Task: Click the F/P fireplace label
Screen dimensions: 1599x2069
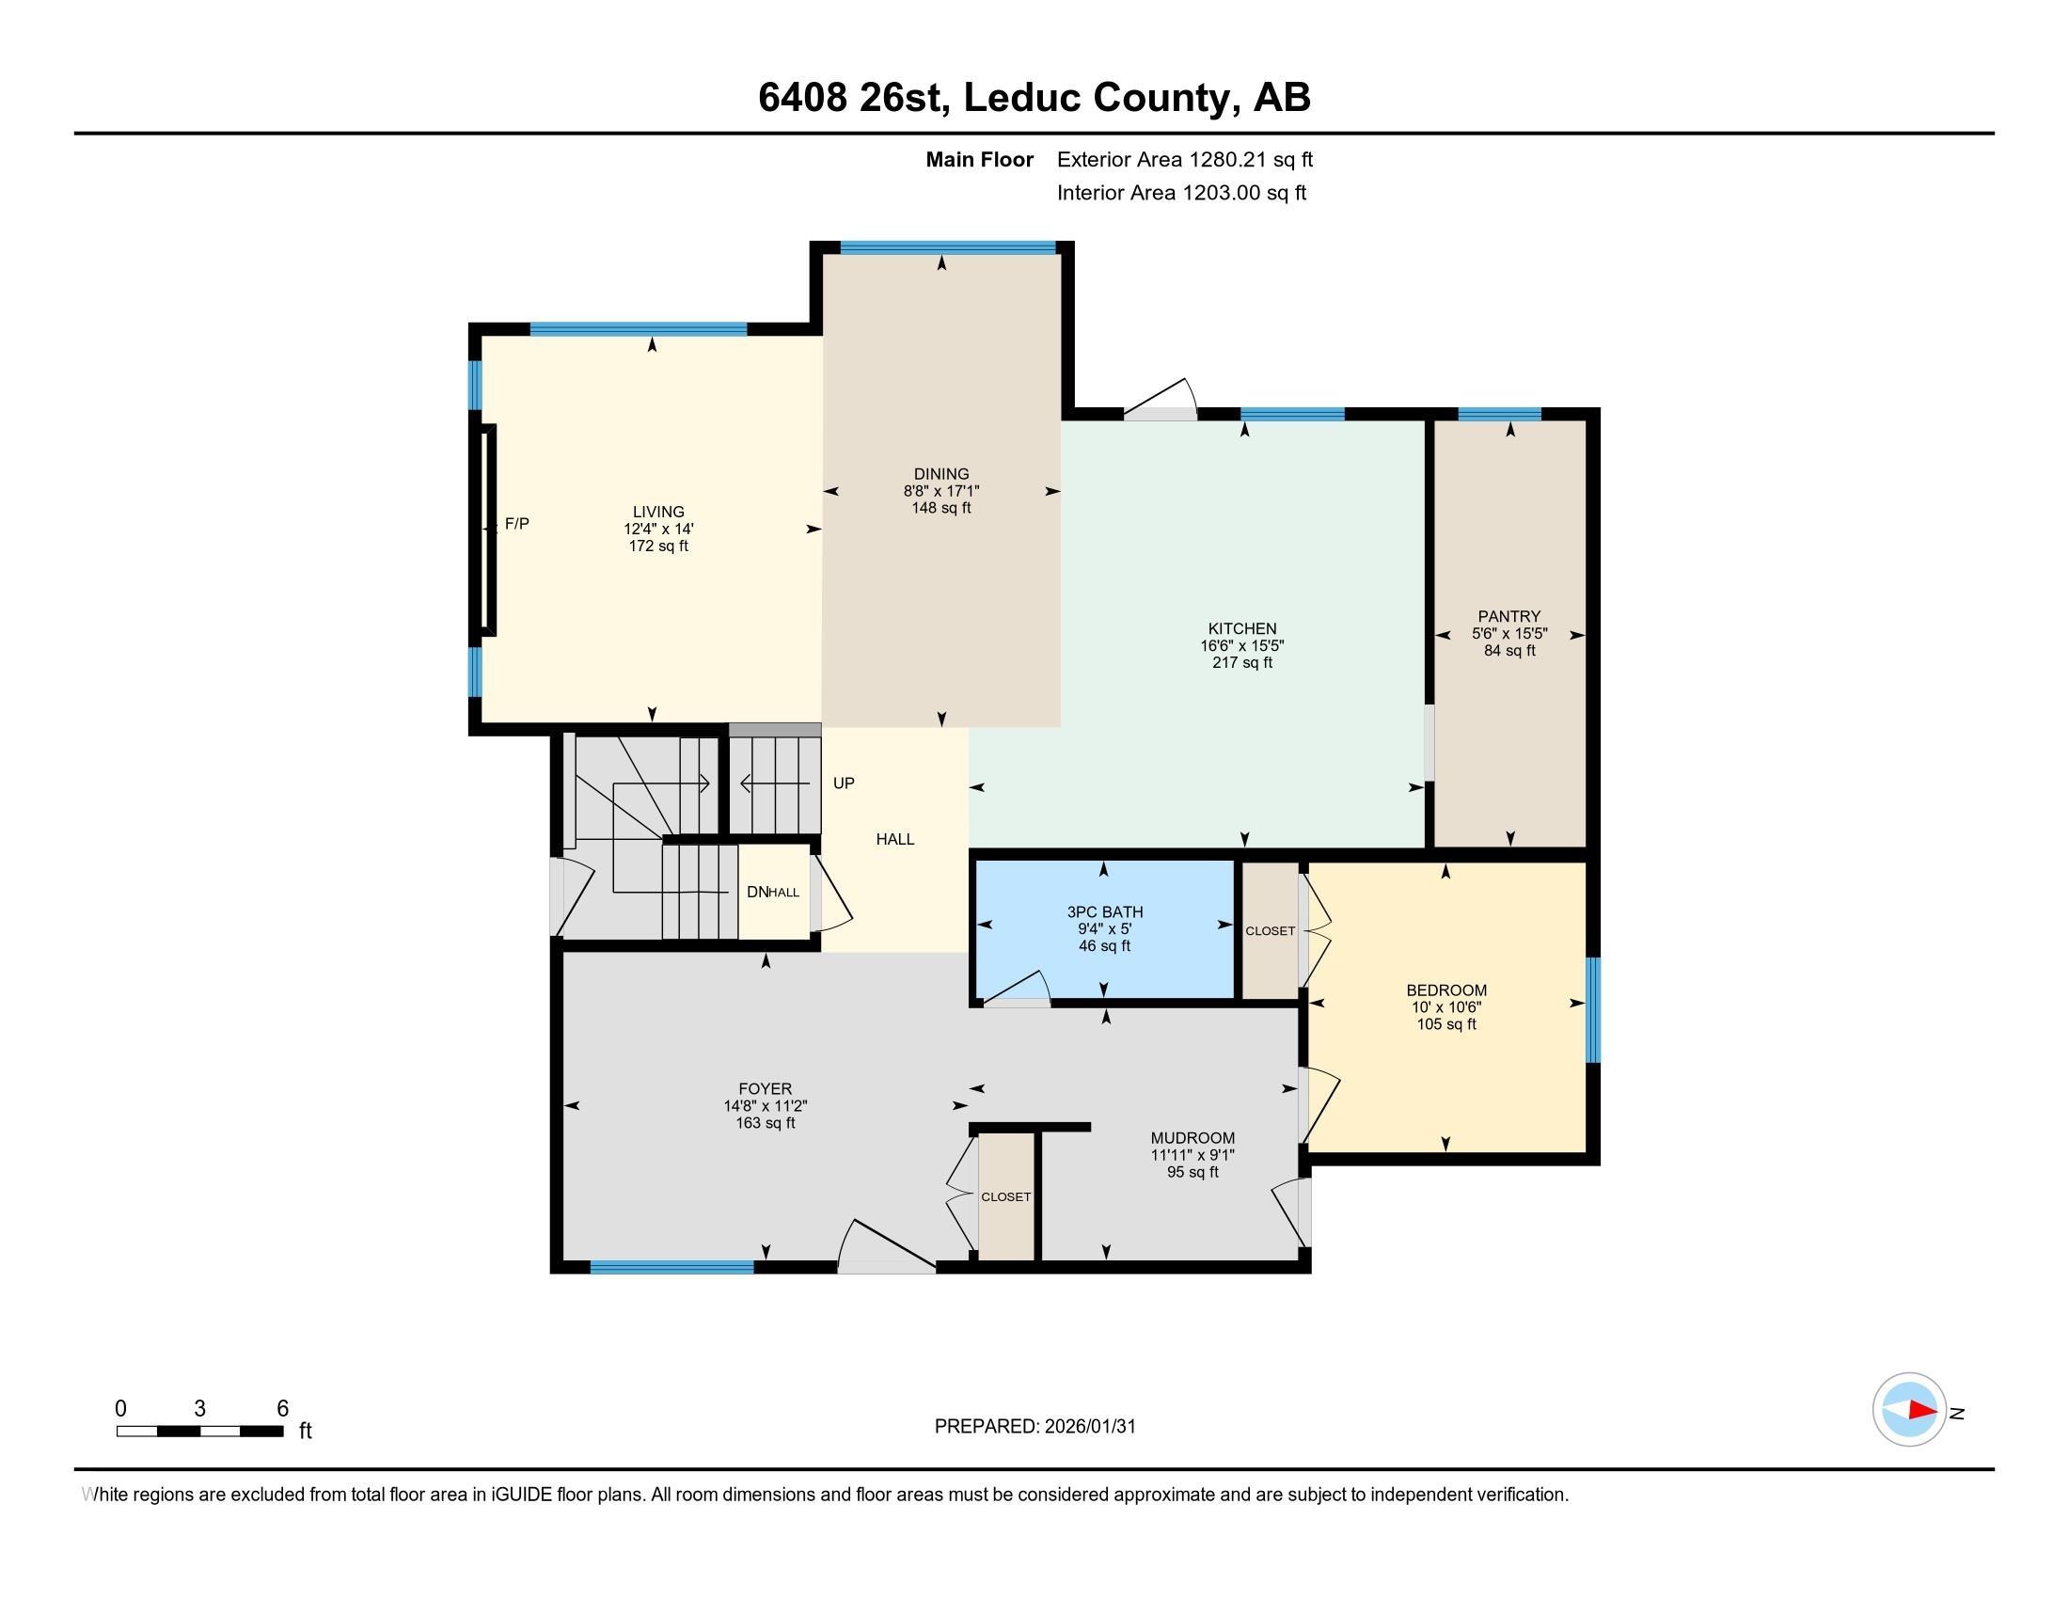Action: click(x=516, y=523)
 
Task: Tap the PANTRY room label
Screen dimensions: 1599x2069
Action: click(x=1508, y=616)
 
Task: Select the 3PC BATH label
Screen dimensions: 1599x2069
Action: click(x=1105, y=911)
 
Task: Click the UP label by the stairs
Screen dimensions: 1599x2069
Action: click(x=844, y=784)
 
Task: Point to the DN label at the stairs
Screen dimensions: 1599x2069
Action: click(x=757, y=892)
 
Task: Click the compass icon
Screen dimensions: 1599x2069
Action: click(x=1909, y=1410)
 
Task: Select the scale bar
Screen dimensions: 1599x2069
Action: click(x=200, y=1431)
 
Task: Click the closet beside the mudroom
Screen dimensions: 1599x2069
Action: click(x=1006, y=1197)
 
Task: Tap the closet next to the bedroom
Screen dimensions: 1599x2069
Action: click(x=1270, y=931)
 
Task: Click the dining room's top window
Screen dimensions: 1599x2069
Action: click(x=947, y=248)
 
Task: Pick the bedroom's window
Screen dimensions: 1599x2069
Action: click(x=1592, y=1010)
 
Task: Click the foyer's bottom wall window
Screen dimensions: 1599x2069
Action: click(x=671, y=1267)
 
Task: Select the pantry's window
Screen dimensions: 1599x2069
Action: click(x=1499, y=413)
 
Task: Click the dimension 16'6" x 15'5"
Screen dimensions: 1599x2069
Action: click(x=1242, y=645)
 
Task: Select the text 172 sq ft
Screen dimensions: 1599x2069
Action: click(x=658, y=546)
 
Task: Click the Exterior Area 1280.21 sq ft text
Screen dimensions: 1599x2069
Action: click(x=1184, y=159)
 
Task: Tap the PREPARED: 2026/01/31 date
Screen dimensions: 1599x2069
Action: click(x=1034, y=1427)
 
